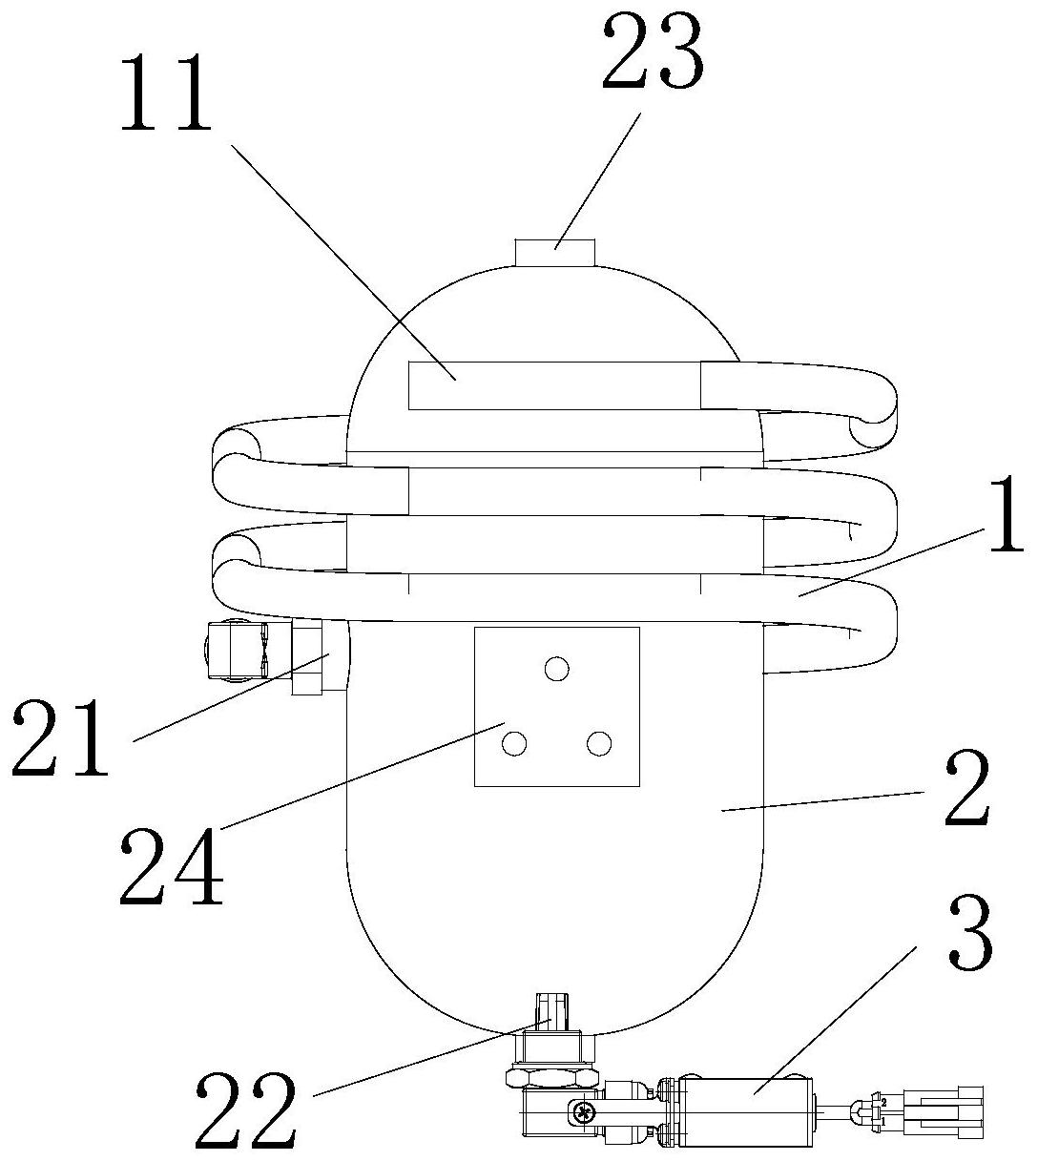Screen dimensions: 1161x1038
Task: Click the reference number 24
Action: tap(171, 866)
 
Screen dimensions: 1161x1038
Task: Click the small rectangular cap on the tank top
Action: tap(554, 253)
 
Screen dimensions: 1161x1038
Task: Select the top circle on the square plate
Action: tap(556, 669)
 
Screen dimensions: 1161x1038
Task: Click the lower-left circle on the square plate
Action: tap(514, 743)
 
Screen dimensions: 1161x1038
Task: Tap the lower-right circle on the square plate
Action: tap(598, 743)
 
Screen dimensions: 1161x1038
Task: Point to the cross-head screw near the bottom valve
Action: tap(581, 1110)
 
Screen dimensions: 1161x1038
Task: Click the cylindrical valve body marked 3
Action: tap(744, 1111)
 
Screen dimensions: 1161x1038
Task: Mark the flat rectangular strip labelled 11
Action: tap(553, 385)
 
